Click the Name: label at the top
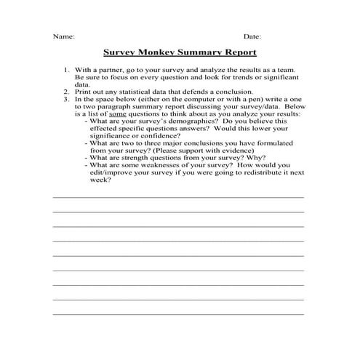pos(63,36)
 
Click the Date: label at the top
pos(252,36)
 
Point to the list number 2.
pos(67,92)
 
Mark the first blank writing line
pos(178,197)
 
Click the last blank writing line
pos(178,313)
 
